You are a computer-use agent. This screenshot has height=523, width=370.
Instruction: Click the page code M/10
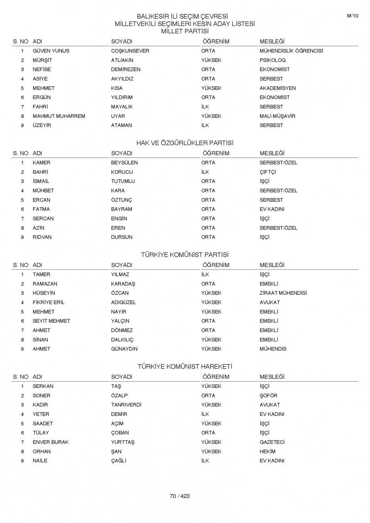tap(352, 16)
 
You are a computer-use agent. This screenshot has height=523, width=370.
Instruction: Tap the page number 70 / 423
tap(180, 496)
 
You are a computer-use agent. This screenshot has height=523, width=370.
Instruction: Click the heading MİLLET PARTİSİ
tap(185, 31)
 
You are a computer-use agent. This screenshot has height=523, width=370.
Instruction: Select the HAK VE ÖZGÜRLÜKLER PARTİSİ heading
tap(185, 143)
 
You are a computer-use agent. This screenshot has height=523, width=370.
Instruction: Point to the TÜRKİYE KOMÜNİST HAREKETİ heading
tap(185, 367)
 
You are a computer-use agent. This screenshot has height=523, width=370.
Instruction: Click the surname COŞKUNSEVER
tap(130, 51)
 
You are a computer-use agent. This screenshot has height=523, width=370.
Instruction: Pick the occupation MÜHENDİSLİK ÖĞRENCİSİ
tap(291, 51)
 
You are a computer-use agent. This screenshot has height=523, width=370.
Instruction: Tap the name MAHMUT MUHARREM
tap(59, 116)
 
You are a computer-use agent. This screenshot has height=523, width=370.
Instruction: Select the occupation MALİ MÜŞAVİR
tap(277, 116)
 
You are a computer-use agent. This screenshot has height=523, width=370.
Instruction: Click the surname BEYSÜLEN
tap(124, 163)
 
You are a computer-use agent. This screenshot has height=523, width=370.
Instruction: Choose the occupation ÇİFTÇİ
tap(267, 172)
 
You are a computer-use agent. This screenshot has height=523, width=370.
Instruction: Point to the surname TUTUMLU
tap(123, 181)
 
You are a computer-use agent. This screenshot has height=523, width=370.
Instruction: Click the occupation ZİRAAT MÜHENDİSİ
tap(283, 293)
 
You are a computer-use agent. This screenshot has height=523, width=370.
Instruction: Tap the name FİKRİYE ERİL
tap(49, 302)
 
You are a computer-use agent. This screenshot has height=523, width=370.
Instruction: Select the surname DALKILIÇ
tap(122, 340)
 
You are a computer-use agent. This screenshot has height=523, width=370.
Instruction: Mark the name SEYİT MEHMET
tap(51, 321)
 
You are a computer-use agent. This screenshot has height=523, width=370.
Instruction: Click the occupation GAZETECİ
tap(272, 442)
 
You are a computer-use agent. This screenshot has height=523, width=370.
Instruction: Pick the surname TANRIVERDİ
tap(126, 405)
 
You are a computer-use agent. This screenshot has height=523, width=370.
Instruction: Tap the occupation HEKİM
tap(267, 451)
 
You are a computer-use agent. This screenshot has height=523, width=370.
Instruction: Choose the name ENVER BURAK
tap(50, 442)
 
